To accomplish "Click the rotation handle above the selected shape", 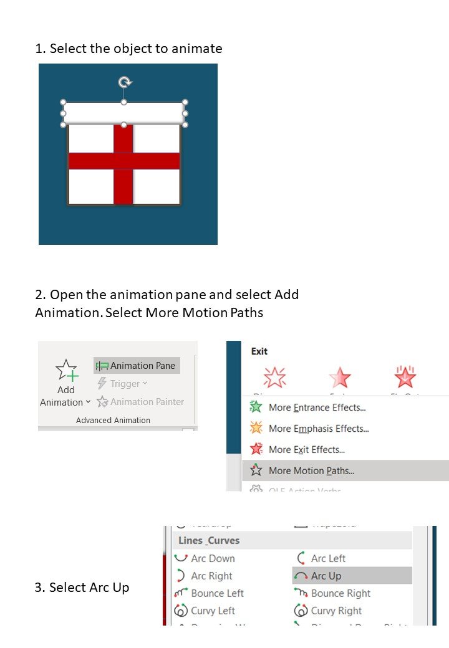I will tap(125, 82).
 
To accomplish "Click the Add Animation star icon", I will tap(66, 371).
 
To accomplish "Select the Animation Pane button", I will tap(137, 366).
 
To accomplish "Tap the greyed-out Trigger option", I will tap(122, 384).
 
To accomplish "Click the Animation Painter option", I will tap(140, 402).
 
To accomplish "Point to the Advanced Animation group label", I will tap(113, 421).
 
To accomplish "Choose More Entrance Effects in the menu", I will tap(317, 407).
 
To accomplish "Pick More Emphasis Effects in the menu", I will tap(318, 429).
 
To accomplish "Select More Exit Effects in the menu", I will tap(306, 450).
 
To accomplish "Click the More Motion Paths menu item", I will tap(311, 471).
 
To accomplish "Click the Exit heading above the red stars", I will tap(259, 351).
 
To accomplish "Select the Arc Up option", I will tap(326, 576).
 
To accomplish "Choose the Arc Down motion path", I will tap(212, 558).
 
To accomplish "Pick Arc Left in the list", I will tap(327, 558).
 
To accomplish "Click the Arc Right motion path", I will tap(211, 576).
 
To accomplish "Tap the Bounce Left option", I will tap(216, 593).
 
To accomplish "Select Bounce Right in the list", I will tap(340, 593).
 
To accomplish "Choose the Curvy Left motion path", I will tap(213, 611).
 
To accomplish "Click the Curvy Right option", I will tap(336, 611).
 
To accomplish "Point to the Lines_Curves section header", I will tap(209, 540).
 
